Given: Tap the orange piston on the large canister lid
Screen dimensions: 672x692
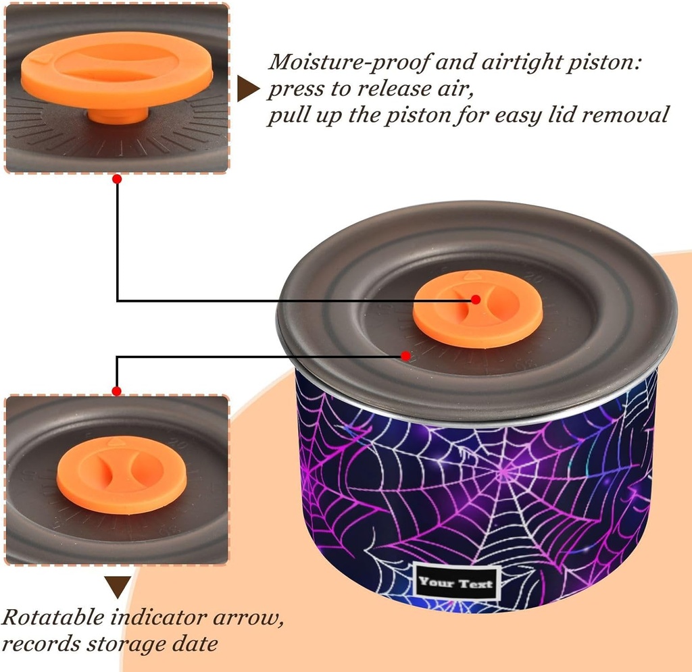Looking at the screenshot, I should click(478, 309).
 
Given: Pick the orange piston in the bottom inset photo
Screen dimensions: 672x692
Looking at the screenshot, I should click(112, 475).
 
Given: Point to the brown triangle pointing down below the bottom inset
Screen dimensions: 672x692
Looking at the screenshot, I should click(118, 586).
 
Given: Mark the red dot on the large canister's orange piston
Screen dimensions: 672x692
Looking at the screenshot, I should click(476, 299).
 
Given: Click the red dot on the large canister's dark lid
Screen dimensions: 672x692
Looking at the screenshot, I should click(405, 355).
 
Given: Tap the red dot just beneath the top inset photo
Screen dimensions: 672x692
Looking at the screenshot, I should click(117, 179).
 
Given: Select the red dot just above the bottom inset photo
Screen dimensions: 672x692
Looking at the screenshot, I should click(117, 391).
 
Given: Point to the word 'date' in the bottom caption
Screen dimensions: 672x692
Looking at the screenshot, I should click(197, 643).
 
